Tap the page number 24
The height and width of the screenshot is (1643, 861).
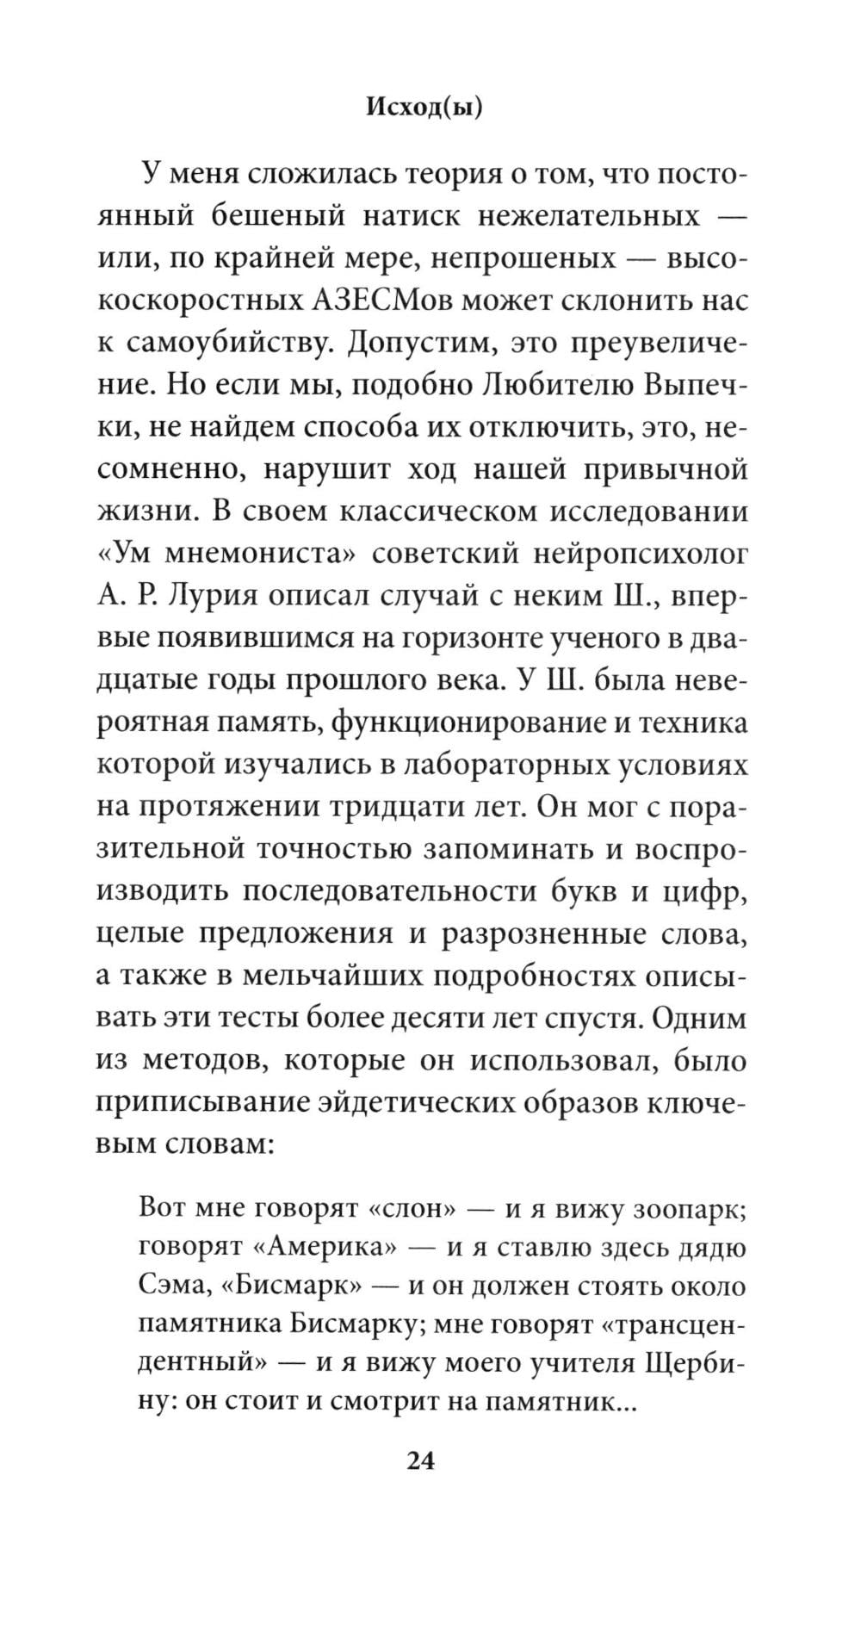coord(422,1460)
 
